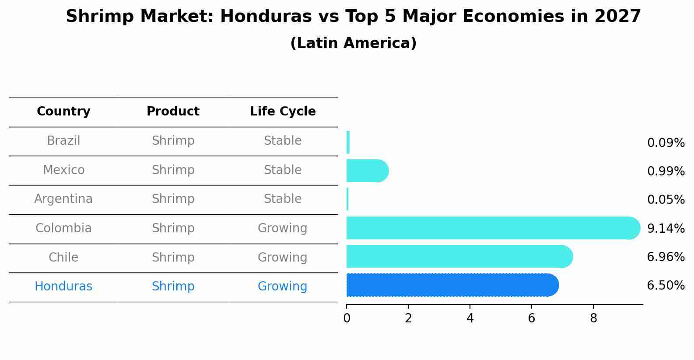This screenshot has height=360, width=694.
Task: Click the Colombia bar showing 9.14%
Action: point(490,228)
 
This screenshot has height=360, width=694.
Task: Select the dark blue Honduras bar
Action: point(451,285)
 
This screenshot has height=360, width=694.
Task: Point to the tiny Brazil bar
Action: point(348,142)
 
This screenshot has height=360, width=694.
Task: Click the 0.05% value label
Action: point(666,200)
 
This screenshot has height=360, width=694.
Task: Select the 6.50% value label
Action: point(666,286)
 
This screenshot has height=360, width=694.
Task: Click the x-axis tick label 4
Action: point(470,318)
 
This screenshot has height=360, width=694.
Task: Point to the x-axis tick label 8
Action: point(593,318)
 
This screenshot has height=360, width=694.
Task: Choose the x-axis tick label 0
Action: point(347,318)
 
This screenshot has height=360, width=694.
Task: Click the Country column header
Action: point(63,112)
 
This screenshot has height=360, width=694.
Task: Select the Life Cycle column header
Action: point(283,112)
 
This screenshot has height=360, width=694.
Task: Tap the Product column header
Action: point(173,112)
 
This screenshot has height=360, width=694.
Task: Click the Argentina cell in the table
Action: point(63,199)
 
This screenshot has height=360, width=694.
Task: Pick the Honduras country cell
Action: point(63,287)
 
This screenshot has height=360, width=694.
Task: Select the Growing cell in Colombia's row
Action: point(282,228)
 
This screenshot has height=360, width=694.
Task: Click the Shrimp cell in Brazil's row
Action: point(173,141)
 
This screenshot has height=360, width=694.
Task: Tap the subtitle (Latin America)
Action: point(353,43)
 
